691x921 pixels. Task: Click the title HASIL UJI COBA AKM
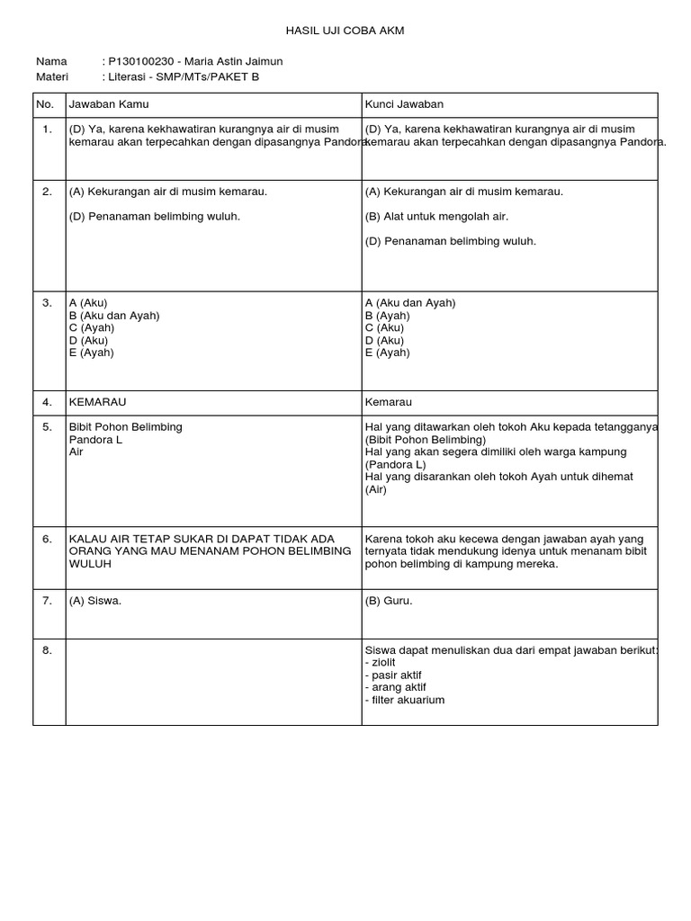tap(345, 31)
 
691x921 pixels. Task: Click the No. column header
tap(46, 104)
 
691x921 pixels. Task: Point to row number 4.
tap(47, 402)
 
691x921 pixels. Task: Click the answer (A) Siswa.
tap(94, 601)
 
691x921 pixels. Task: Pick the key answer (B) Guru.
tap(389, 601)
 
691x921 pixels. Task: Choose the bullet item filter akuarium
tap(405, 699)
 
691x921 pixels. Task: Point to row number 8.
tap(47, 648)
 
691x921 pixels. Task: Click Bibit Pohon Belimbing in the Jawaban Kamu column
tap(125, 426)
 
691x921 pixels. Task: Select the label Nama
tap(51, 61)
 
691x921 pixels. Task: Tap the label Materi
tap(52, 76)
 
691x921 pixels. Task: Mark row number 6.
tap(47, 539)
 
